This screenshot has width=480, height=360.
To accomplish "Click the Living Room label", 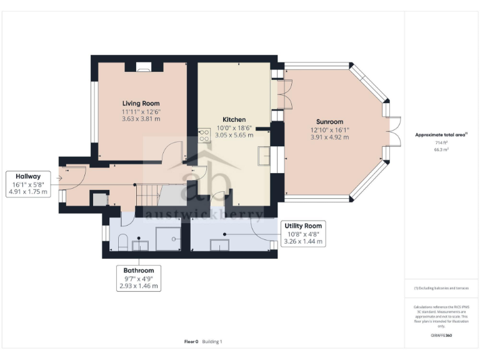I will [141, 103].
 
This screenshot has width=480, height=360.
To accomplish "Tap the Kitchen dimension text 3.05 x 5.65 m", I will [234, 134].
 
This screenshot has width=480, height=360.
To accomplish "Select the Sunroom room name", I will [329, 122].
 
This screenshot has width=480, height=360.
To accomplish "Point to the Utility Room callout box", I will [302, 233].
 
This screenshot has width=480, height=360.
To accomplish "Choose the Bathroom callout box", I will [139, 278].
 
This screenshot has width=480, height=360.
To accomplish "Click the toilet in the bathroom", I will [122, 242].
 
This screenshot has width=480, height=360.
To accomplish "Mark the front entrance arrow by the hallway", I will [58, 178].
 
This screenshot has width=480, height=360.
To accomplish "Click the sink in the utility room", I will [219, 245].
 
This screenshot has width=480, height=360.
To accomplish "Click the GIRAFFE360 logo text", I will [441, 336].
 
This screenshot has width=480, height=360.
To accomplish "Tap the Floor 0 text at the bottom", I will [191, 342].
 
